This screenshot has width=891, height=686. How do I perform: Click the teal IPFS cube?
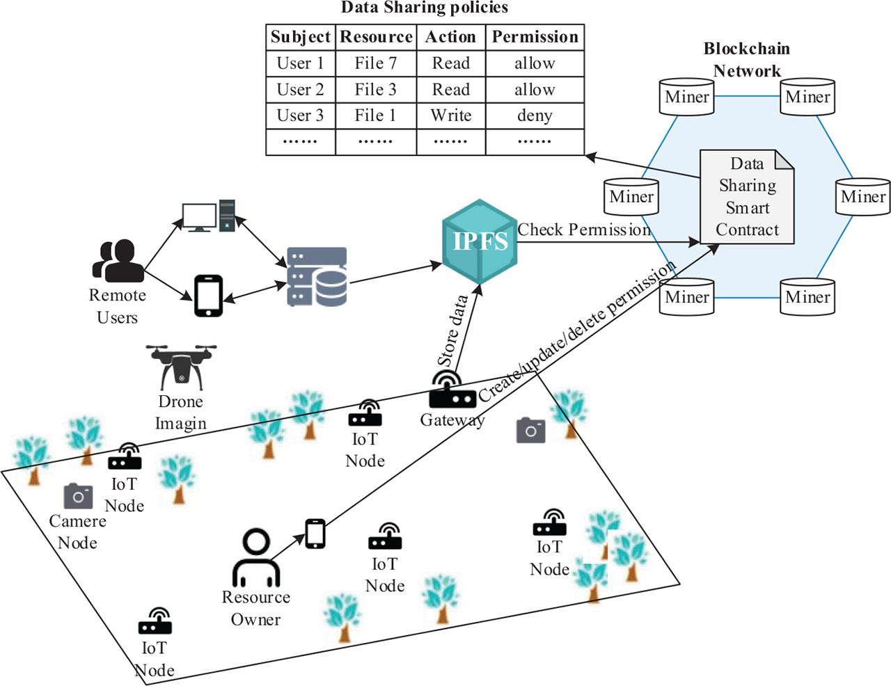click(x=480, y=241)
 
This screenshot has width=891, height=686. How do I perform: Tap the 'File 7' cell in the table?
click(x=375, y=63)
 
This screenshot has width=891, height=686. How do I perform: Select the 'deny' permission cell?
click(x=535, y=115)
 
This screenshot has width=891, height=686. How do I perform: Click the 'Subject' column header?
click(x=301, y=37)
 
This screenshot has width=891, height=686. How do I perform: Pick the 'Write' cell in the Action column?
click(x=450, y=115)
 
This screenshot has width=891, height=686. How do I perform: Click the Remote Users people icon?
click(x=117, y=260)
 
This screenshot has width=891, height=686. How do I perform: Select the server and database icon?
click(x=317, y=277)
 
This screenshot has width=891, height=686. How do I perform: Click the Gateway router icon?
click(x=452, y=391)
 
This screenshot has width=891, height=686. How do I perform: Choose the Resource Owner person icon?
click(x=255, y=558)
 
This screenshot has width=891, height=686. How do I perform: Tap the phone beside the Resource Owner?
click(x=315, y=534)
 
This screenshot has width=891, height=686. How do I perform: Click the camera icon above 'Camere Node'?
click(x=78, y=496)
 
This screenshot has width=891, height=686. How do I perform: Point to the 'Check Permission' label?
click(x=583, y=230)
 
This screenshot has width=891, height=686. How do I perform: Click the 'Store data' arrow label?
click(x=452, y=331)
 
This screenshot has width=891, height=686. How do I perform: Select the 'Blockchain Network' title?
click(x=747, y=59)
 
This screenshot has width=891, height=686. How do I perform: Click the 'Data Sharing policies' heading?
click(x=425, y=8)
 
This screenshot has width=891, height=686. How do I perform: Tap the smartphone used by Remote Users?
click(x=208, y=296)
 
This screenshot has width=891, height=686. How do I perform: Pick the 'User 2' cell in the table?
click(x=301, y=90)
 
